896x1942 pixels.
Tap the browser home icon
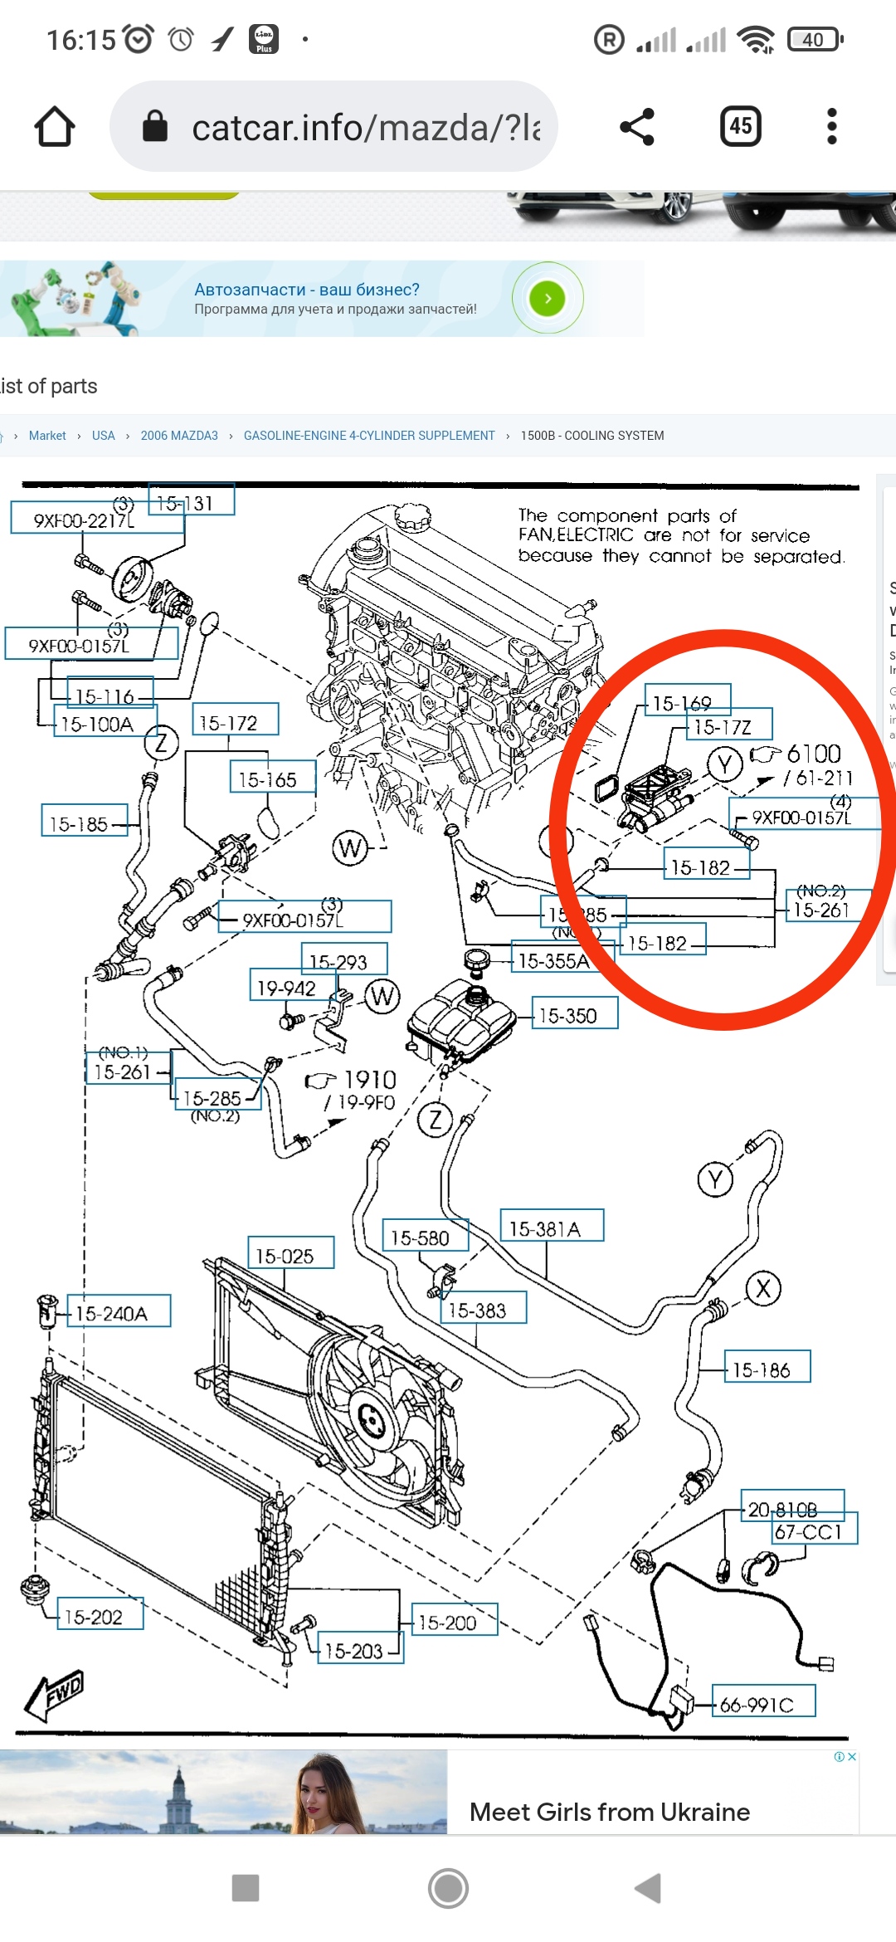(55, 127)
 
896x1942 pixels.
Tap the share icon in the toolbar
(637, 127)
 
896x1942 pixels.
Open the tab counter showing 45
(740, 127)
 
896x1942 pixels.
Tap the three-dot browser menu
(831, 127)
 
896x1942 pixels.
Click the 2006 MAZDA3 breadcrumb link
(179, 436)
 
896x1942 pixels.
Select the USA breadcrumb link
(103, 436)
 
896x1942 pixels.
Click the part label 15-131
(191, 501)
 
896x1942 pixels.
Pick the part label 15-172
(236, 722)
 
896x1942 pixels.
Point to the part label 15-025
(290, 1254)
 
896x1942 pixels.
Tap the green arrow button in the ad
(548, 299)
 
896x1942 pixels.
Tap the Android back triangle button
(649, 1887)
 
